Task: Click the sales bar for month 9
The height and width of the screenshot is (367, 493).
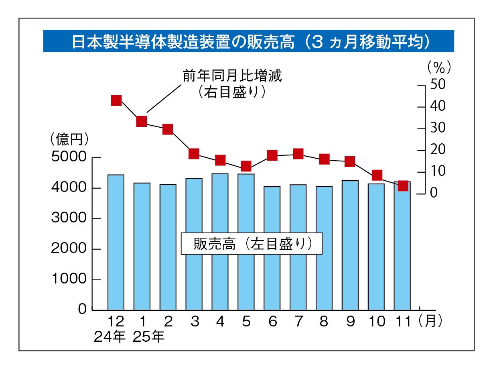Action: pyautogui.click(x=350, y=245)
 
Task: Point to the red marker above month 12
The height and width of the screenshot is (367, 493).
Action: pyautogui.click(x=116, y=100)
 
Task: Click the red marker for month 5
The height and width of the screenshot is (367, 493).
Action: pyautogui.click(x=246, y=166)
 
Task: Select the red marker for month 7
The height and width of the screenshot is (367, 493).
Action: pyautogui.click(x=298, y=154)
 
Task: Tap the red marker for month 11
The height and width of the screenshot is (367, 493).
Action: pyautogui.click(x=403, y=186)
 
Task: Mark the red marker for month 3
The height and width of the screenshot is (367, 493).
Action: pyautogui.click(x=194, y=154)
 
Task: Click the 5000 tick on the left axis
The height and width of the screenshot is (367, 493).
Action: pyautogui.click(x=69, y=157)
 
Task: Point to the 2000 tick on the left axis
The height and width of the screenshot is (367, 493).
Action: pyautogui.click(x=69, y=249)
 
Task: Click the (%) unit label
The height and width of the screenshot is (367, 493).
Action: pyautogui.click(x=438, y=67)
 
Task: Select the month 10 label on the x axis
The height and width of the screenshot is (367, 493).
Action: pyautogui.click(x=376, y=322)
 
